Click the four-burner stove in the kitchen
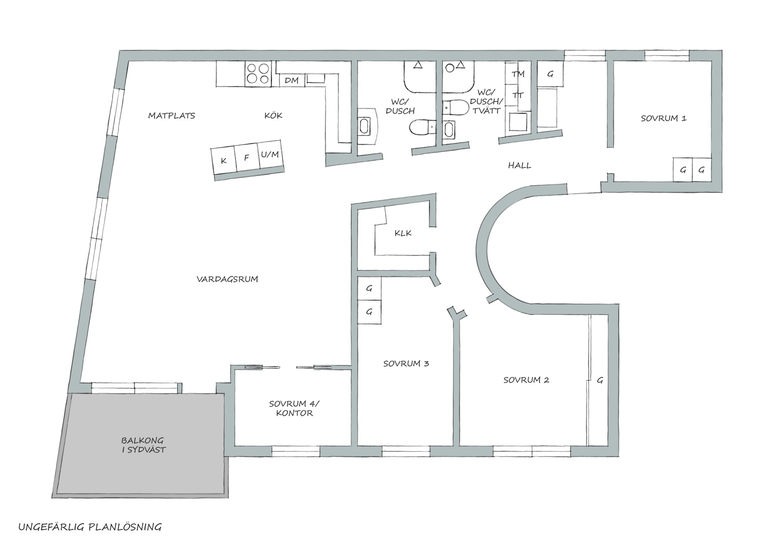(258, 73)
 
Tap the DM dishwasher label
(292, 80)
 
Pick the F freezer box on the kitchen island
(247, 157)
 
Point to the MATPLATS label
(171, 116)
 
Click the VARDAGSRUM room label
(227, 279)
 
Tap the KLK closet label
(403, 233)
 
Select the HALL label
(520, 165)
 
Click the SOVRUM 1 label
(664, 118)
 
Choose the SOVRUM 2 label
(526, 380)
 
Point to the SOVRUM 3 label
(406, 364)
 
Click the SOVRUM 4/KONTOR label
(294, 408)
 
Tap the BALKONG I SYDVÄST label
(143, 445)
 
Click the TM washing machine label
(518, 74)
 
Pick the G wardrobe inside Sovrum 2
(600, 380)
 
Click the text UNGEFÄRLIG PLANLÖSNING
(90, 527)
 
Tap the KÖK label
(273, 115)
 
